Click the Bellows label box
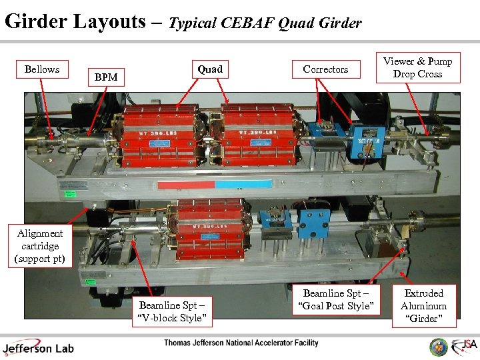pyautogui.click(x=41, y=69)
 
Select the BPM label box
pyautogui.click(x=106, y=77)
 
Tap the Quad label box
pyautogui.click(x=210, y=69)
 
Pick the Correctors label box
pyautogui.click(x=325, y=69)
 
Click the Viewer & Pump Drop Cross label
pyautogui.click(x=417, y=67)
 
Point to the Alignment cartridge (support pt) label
pyautogui.click(x=40, y=246)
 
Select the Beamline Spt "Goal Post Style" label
pyautogui.click(x=338, y=299)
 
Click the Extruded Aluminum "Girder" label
pyautogui.click(x=423, y=306)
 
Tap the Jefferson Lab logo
pyautogui.click(x=38, y=347)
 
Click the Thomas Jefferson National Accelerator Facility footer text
pyautogui.click(x=241, y=343)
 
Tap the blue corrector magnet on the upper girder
pyautogui.click(x=367, y=141)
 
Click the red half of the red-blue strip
pyautogui.click(x=186, y=183)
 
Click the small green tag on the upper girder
pyautogui.click(x=69, y=195)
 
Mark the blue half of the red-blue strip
pyautogui.click(x=243, y=183)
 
